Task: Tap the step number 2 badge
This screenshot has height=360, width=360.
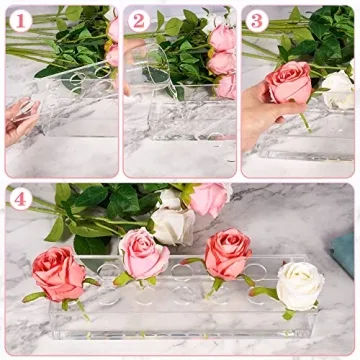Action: pyautogui.click(x=136, y=19)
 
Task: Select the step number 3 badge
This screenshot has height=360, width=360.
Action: pyautogui.click(x=255, y=19)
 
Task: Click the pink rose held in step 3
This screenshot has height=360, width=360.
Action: pyautogui.click(x=290, y=83)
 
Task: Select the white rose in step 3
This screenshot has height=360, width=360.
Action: pyautogui.click(x=338, y=90)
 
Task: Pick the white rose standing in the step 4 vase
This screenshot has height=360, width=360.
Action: pyautogui.click(x=299, y=286)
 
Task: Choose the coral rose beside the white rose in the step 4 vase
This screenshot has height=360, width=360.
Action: pyautogui.click(x=227, y=254)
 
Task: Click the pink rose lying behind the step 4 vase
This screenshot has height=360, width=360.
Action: pyautogui.click(x=209, y=199)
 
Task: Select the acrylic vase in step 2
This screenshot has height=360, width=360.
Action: pyautogui.click(x=190, y=120)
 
